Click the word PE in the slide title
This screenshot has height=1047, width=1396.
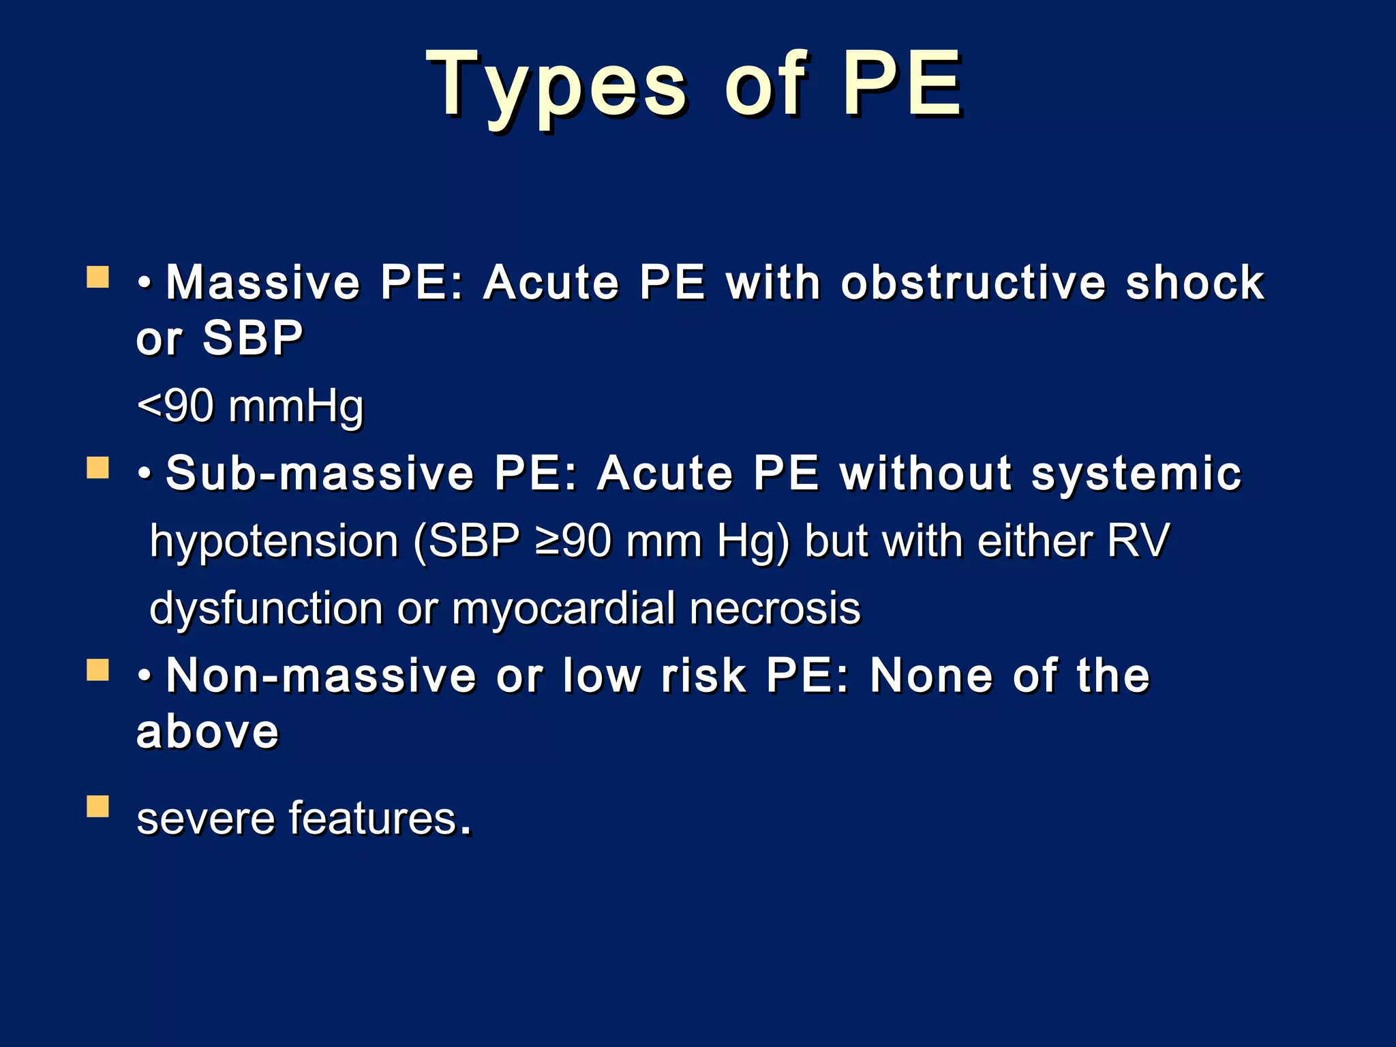coord(901,85)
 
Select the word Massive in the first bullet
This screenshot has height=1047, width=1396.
coord(263,282)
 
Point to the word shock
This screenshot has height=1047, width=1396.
coord(1195,282)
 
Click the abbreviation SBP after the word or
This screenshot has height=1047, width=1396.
coord(253,338)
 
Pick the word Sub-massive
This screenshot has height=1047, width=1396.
coord(320,473)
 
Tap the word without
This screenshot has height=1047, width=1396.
coord(926,473)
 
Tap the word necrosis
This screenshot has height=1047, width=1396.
coord(775,608)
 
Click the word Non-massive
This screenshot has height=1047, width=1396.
coord(321,676)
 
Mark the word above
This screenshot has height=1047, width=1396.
coord(208,732)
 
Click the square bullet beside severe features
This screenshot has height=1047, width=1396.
coord(98,806)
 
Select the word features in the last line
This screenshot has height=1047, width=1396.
coord(372,818)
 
